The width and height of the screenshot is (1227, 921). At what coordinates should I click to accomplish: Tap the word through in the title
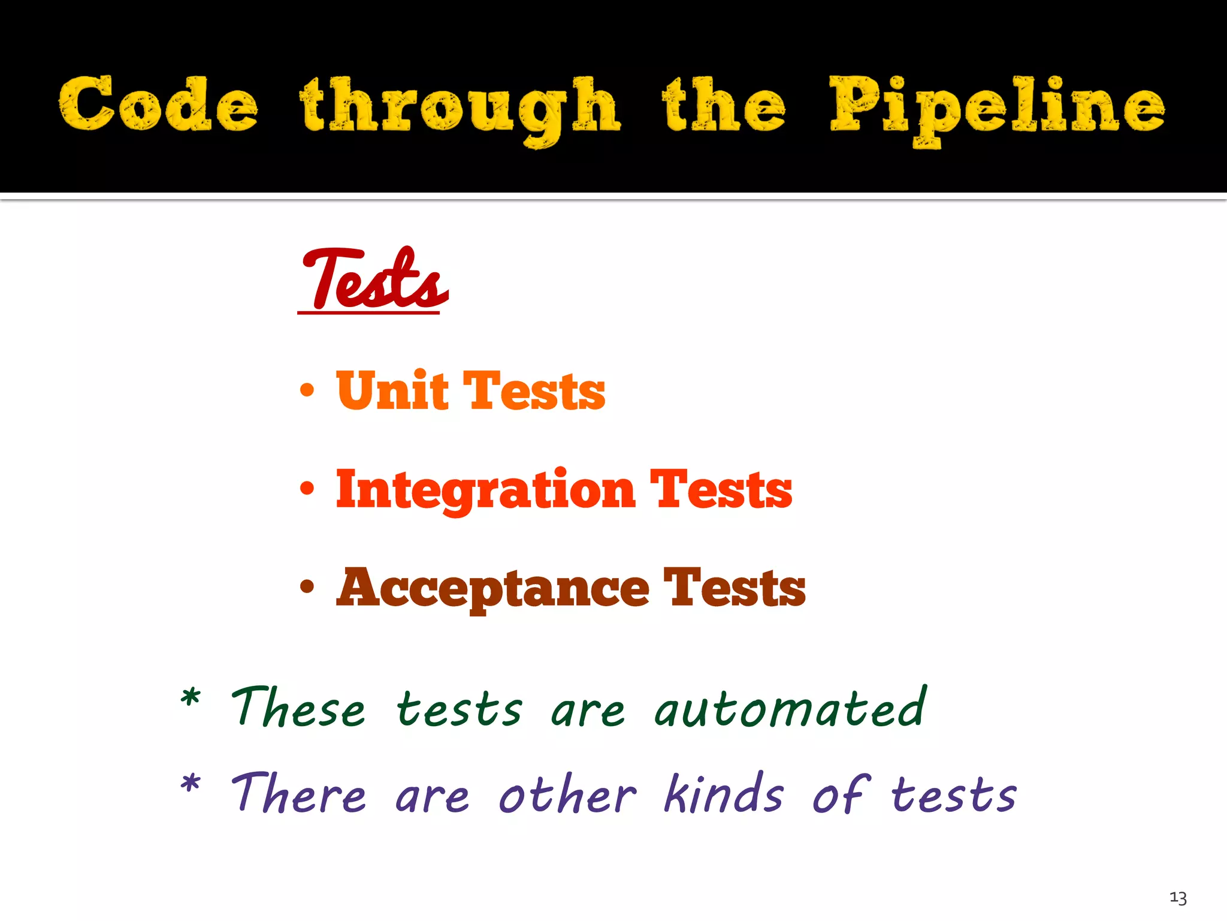[x=460, y=108]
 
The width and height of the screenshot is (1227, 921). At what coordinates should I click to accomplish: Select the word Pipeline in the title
[x=997, y=108]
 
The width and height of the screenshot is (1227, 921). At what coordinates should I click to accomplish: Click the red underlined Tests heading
[x=374, y=281]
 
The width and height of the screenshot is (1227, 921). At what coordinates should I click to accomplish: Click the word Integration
[x=485, y=490]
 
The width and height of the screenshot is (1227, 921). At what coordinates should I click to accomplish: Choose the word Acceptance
[x=493, y=589]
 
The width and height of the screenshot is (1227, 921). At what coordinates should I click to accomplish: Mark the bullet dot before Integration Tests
[x=307, y=489]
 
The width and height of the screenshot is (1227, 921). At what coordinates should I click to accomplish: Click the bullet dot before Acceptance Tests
[x=307, y=587]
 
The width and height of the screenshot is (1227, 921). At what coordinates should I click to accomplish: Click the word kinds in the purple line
[x=724, y=794]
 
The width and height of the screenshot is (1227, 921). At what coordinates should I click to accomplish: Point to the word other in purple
[x=567, y=794]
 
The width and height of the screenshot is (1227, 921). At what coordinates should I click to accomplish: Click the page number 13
[x=1178, y=898]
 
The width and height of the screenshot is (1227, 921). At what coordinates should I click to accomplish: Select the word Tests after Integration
[x=721, y=490]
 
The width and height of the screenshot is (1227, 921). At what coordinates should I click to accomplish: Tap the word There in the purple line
[x=298, y=794]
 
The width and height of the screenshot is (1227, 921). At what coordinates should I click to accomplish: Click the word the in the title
[x=724, y=106]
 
